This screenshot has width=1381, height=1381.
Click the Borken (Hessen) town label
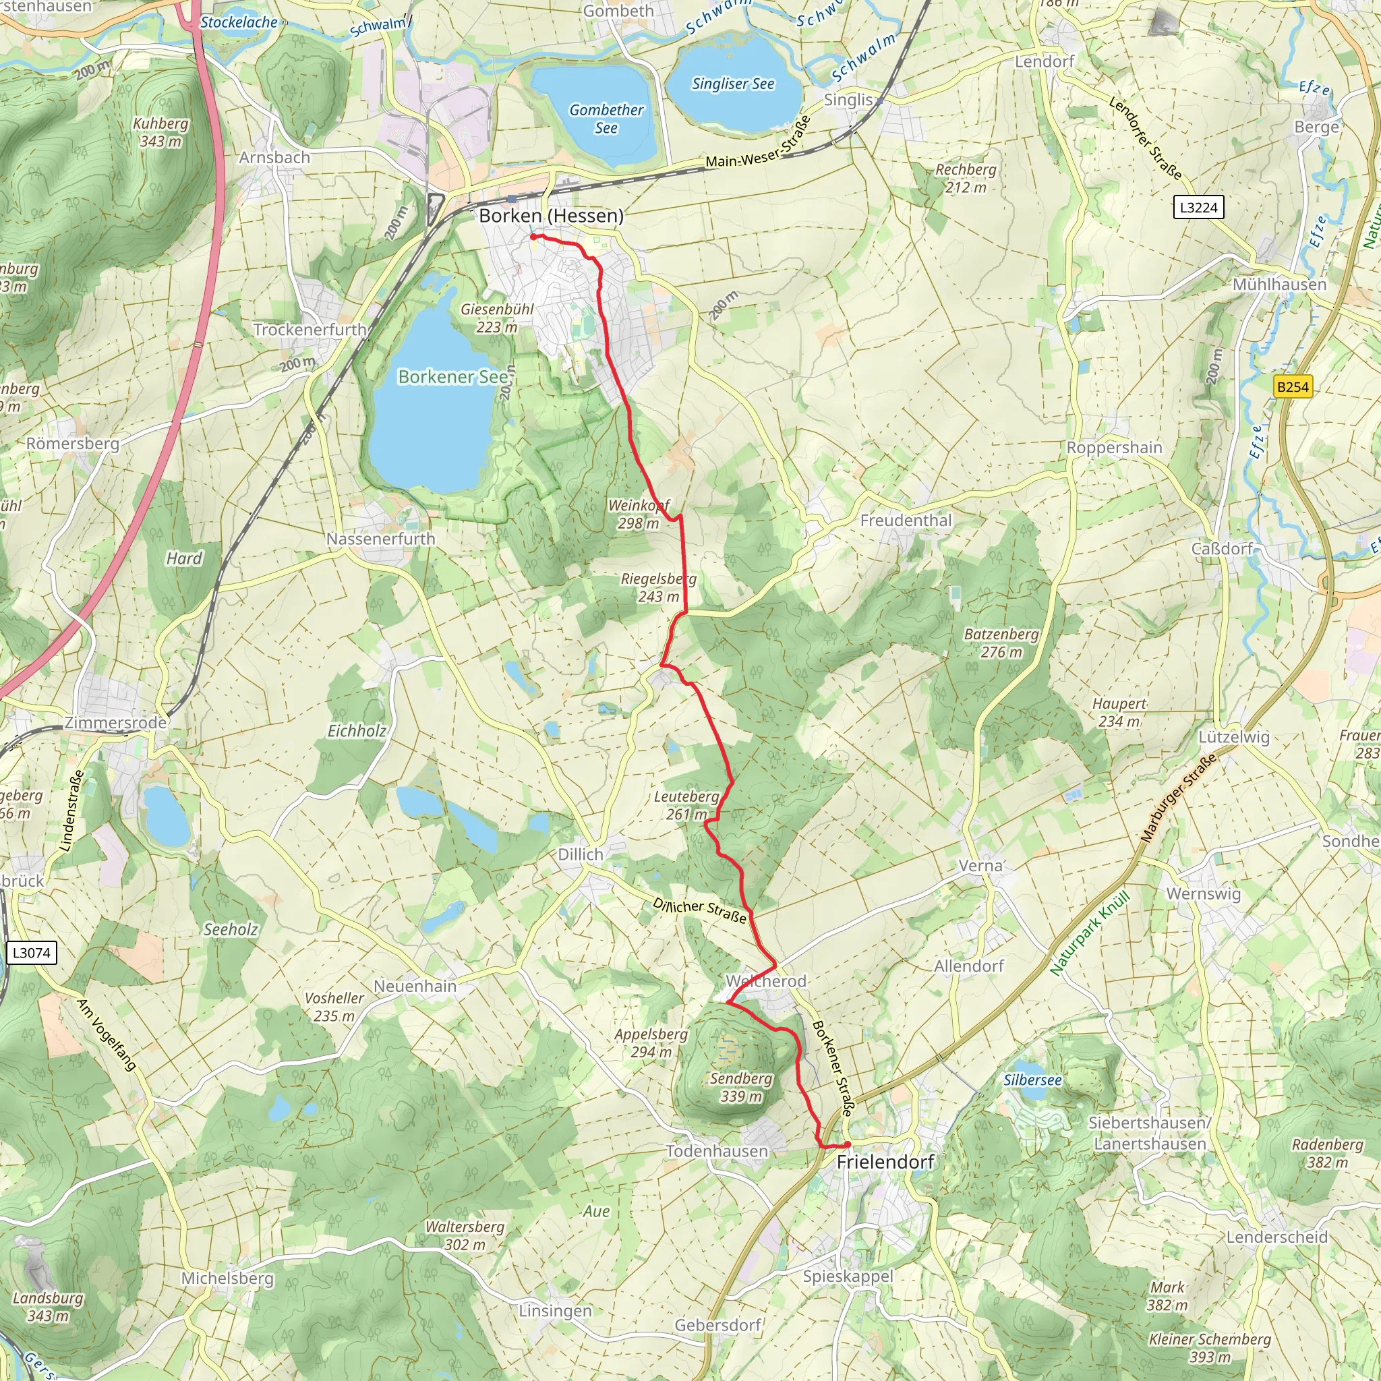pyautogui.click(x=550, y=216)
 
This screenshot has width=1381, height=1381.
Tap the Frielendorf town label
pyautogui.click(x=885, y=1162)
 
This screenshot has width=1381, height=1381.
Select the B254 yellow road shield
pyautogui.click(x=1293, y=386)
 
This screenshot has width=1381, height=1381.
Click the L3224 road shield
pyautogui.click(x=1199, y=207)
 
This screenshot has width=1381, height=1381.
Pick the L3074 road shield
pyautogui.click(x=32, y=952)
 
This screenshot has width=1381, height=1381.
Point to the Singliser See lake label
pyautogui.click(x=733, y=84)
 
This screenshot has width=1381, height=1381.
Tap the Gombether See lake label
pyautogui.click(x=606, y=119)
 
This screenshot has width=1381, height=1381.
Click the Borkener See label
pyautogui.click(x=452, y=377)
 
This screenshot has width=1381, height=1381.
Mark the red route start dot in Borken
pyautogui.click(x=533, y=237)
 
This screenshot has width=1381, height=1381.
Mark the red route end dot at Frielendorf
pyautogui.click(x=847, y=1144)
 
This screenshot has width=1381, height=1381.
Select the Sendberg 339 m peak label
pyautogui.click(x=741, y=1087)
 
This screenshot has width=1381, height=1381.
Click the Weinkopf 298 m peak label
pyautogui.click(x=639, y=514)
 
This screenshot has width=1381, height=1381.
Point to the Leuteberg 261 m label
pyautogui.click(x=686, y=805)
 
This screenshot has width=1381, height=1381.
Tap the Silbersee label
pyautogui.click(x=1032, y=1080)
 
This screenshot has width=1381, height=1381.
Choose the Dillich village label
pyautogui.click(x=581, y=854)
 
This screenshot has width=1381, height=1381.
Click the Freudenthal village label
pyautogui.click(x=906, y=521)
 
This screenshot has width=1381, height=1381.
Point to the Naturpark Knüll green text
pyautogui.click(x=1090, y=933)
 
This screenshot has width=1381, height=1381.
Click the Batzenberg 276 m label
pyautogui.click(x=1001, y=643)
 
